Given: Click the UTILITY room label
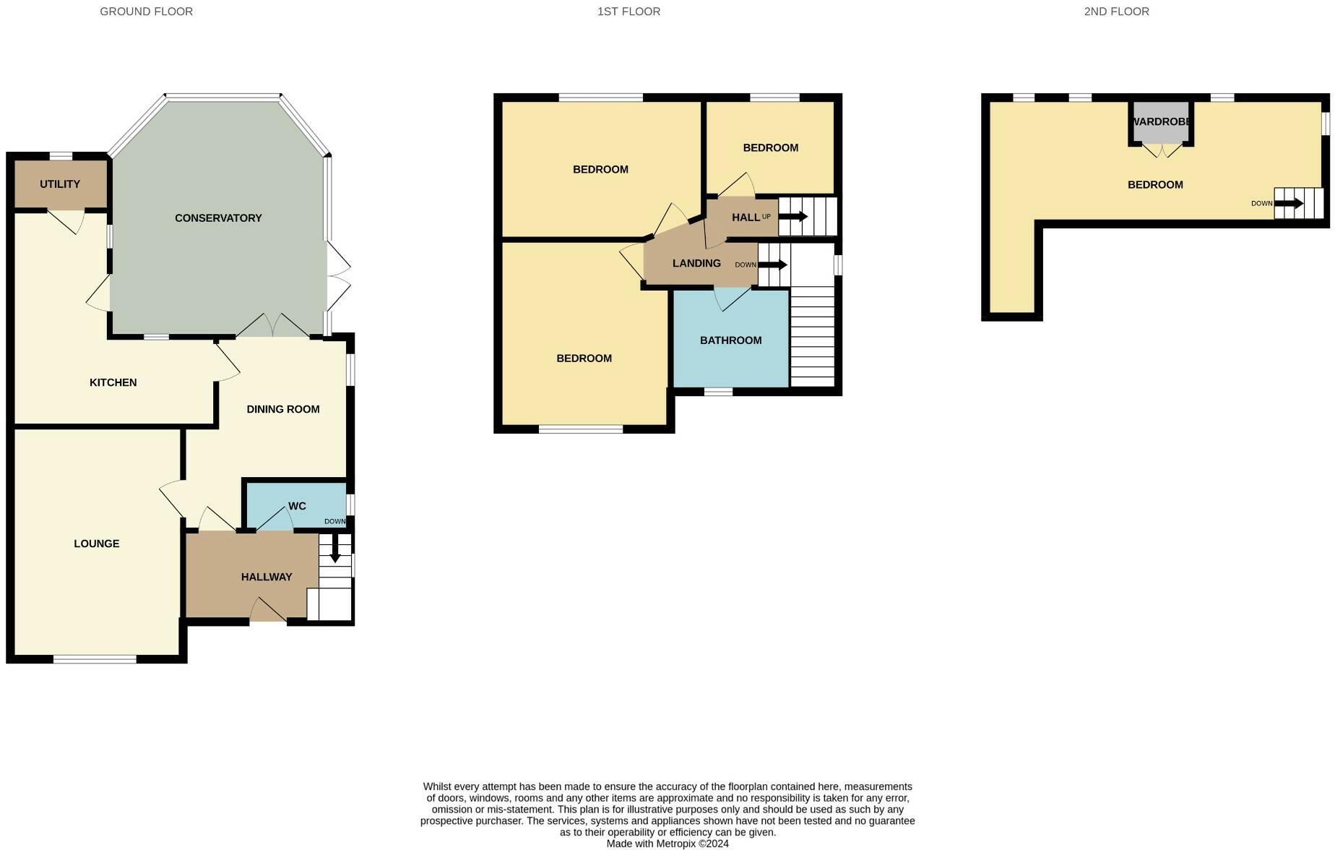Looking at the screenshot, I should (60, 184).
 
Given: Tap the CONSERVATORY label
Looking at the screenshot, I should (218, 218).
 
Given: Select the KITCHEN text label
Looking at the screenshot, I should (113, 382).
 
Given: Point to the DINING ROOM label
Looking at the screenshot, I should (282, 409).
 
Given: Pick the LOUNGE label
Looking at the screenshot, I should (96, 544).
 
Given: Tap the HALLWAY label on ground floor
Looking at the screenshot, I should (267, 577).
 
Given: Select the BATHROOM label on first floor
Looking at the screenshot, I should (730, 340).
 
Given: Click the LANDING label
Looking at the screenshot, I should (696, 263).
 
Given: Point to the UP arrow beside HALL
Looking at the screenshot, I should (793, 216).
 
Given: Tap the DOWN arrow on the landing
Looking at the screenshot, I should (772, 265).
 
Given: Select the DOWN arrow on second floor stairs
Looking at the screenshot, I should (1288, 204).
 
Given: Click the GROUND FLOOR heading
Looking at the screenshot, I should (146, 12).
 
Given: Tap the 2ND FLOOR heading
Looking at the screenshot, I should (1116, 12).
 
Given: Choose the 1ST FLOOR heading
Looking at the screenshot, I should (628, 12).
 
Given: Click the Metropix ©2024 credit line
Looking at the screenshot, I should (667, 843).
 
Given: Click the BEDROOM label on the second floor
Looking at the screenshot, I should (1155, 185).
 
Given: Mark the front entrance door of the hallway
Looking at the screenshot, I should (268, 611).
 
